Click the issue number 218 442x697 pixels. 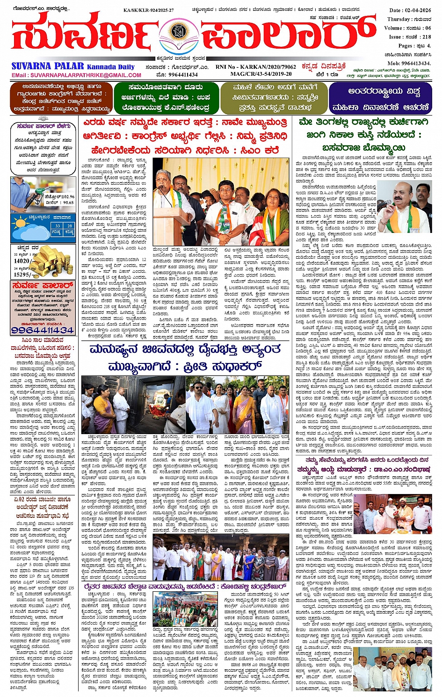(x=426, y=36)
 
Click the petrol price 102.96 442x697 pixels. (x=66, y=197)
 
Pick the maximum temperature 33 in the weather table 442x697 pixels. (x=57, y=226)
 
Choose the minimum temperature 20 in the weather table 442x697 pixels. (x=69, y=226)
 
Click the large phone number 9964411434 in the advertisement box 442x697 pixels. (x=43, y=330)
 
